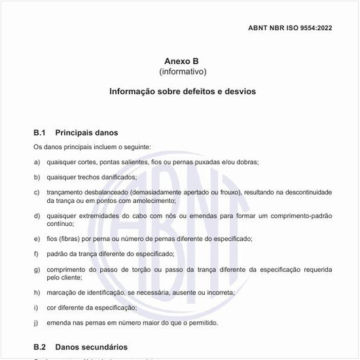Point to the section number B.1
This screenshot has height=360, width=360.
(39, 133)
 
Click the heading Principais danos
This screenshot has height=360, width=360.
(86, 133)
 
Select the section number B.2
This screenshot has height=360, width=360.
(39, 347)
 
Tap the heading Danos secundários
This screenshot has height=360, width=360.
(91, 347)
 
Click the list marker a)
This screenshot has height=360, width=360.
(37, 162)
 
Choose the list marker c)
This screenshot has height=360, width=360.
(37, 192)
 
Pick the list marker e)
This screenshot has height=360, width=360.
(37, 238)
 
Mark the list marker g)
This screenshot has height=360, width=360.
(37, 269)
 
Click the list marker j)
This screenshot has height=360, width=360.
(37, 323)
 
